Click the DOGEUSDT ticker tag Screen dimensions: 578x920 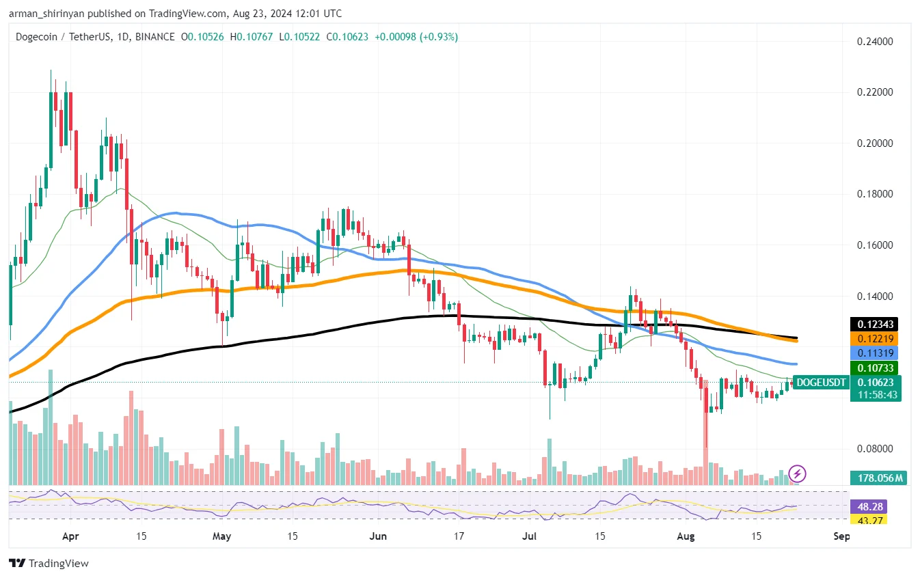[821, 383]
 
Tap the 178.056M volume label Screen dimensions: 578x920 [878, 478]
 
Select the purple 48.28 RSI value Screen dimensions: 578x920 [867, 507]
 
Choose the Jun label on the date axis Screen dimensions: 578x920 [377, 537]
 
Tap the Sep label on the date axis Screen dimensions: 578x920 [842, 537]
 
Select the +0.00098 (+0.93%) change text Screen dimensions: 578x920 [416, 37]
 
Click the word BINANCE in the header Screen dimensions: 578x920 [154, 37]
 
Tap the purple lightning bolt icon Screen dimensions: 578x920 [798, 473]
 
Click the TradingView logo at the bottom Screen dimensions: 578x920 [49, 564]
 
